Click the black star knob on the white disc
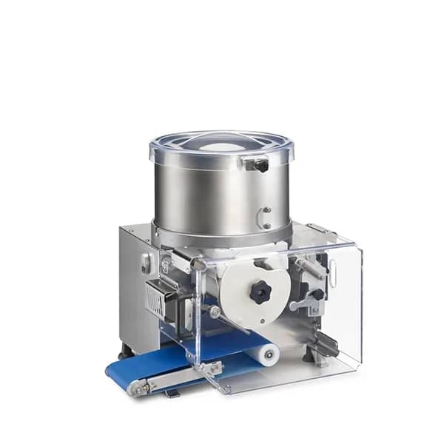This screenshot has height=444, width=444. tap(260, 292)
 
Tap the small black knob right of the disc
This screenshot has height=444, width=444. tap(317, 295)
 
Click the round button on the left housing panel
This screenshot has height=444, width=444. tap(146, 262)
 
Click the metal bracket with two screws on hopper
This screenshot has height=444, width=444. tap(263, 218)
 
